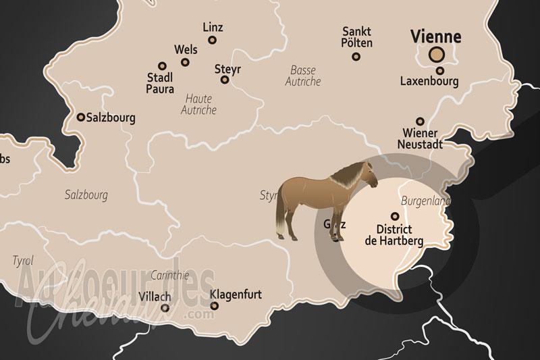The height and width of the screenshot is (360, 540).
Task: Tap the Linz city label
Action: click(x=213, y=27)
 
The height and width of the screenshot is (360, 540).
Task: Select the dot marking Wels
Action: click(x=185, y=62)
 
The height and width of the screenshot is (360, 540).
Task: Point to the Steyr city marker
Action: click(x=225, y=80)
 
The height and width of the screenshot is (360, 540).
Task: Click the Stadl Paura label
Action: click(x=160, y=82)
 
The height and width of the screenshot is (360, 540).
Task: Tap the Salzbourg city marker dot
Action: click(x=81, y=117)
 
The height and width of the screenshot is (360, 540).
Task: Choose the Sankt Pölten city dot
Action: click(x=356, y=56)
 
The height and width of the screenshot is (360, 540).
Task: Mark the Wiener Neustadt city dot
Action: click(x=420, y=120)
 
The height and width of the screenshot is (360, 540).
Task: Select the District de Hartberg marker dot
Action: click(x=396, y=216)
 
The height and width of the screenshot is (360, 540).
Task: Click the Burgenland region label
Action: click(x=425, y=201)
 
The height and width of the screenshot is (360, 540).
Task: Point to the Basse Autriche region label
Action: click(x=303, y=76)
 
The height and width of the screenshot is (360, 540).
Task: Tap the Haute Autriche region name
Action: click(x=198, y=104)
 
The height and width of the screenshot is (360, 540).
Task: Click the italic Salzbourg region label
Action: click(x=86, y=195)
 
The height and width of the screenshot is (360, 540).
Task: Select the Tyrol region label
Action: click(x=23, y=260)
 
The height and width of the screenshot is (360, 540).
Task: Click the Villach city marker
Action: click(x=165, y=309)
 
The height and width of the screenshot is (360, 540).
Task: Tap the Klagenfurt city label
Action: click(x=236, y=295)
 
